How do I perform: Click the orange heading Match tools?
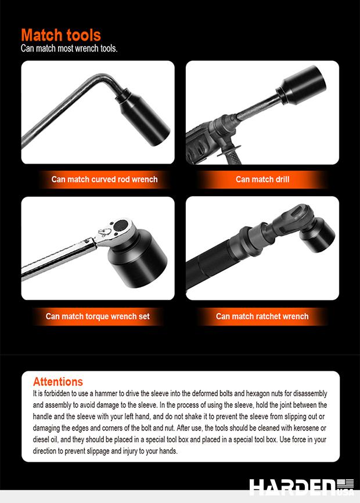(x=61, y=35)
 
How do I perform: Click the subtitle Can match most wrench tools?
(x=69, y=48)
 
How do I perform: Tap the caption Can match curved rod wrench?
(x=105, y=179)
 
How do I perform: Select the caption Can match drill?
(x=262, y=179)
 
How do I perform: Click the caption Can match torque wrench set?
(x=98, y=317)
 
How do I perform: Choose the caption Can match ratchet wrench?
(x=262, y=317)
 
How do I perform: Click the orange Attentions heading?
(x=58, y=381)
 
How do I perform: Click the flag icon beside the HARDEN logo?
(x=345, y=483)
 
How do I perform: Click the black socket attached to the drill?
(x=302, y=85)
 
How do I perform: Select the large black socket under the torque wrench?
(x=138, y=256)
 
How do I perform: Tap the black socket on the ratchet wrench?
(x=317, y=234)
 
